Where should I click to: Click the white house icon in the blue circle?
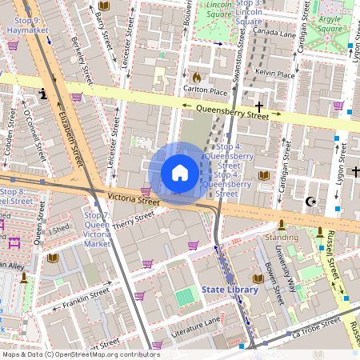click(x=180, y=172)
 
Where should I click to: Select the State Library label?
click(x=230, y=289)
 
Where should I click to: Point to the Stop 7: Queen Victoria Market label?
click(x=97, y=230)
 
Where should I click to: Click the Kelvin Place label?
click(x=276, y=73)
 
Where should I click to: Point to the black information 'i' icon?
click(x=43, y=94)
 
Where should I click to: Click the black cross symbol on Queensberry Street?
click(x=258, y=106)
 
